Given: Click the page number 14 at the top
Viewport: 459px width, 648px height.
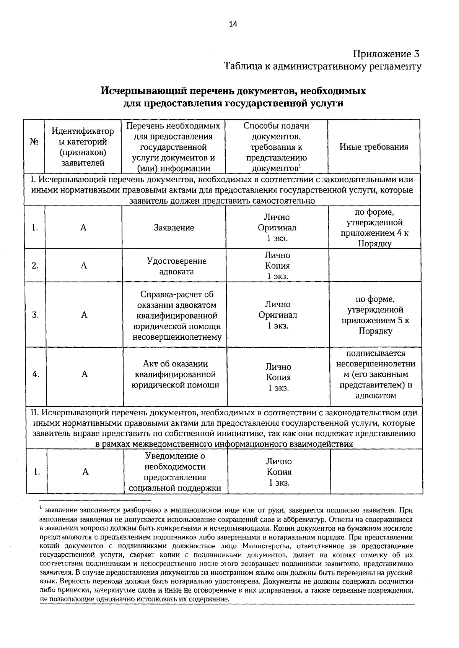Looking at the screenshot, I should [233, 24].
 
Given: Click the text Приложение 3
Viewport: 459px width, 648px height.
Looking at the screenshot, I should [386, 53].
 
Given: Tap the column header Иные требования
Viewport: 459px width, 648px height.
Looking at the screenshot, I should [374, 147].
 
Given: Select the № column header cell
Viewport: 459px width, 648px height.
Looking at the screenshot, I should [34, 142].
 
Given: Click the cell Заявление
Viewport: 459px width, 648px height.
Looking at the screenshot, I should [174, 228].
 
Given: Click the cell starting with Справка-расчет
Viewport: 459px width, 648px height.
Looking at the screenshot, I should [177, 316].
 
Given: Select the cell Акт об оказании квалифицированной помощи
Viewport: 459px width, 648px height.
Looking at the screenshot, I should [175, 374].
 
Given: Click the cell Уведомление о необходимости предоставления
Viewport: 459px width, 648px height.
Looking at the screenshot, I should [175, 472].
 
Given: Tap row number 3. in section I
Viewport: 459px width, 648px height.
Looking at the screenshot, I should [35, 315].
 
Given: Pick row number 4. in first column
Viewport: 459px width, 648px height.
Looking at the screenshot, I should [36, 374].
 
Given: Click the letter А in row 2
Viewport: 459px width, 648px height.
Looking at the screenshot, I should [84, 266].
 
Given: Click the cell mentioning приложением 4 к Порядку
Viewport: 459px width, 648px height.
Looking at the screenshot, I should [374, 228].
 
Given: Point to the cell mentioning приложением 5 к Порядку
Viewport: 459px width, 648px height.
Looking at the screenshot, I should [375, 315].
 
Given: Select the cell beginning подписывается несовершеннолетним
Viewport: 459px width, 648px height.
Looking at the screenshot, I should [376, 374].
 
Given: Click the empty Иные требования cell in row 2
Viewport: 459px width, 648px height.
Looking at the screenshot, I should [375, 266].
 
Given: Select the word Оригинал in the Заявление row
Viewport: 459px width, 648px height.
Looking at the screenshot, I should [277, 228].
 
